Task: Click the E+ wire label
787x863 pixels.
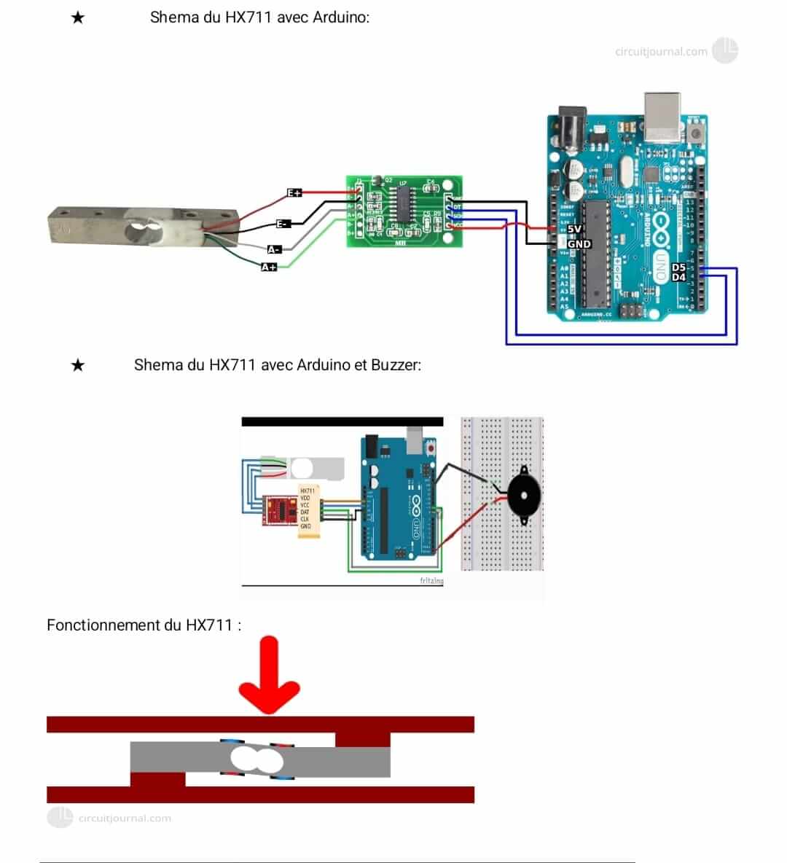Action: click(294, 193)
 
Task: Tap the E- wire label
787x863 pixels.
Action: click(283, 224)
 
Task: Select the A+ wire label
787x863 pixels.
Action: click(269, 268)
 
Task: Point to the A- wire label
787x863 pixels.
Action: click(274, 249)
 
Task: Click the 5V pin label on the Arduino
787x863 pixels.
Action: click(574, 229)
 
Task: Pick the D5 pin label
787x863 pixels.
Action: click(678, 268)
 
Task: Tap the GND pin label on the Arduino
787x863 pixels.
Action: click(579, 244)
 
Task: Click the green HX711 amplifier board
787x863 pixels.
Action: click(403, 211)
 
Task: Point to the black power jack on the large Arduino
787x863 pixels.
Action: click(571, 128)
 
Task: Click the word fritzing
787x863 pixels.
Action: click(431, 581)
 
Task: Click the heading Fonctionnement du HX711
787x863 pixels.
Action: click(144, 625)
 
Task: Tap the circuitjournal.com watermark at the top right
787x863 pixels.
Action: click(661, 52)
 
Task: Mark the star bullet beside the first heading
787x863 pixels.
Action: click(78, 17)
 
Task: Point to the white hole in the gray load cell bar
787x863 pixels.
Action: click(256, 759)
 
